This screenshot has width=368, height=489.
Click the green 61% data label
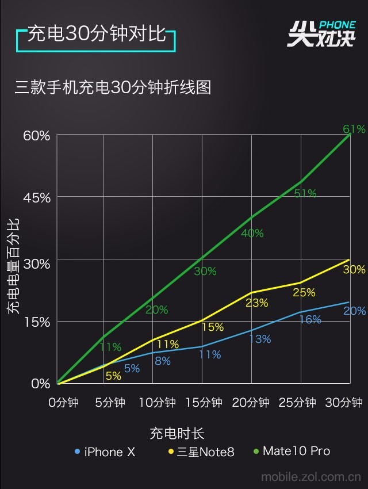click(x=354, y=129)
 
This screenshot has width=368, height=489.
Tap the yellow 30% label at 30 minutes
click(x=354, y=269)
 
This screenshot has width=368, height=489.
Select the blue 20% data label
click(x=354, y=311)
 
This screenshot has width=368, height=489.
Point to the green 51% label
click(x=305, y=193)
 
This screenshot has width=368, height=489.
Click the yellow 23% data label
click(x=256, y=303)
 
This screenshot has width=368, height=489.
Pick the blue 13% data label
click(x=259, y=339)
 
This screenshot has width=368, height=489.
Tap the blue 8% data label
click(x=162, y=361)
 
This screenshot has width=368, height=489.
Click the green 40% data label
click(x=252, y=233)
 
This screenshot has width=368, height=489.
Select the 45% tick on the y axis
click(x=36, y=197)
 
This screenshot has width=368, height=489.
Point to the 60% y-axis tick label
click(x=36, y=136)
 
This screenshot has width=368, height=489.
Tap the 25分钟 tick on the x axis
click(x=297, y=402)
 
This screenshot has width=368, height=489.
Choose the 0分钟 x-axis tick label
click(x=63, y=402)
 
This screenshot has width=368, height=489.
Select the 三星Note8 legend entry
click(x=201, y=452)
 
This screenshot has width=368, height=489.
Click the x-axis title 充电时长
click(x=177, y=433)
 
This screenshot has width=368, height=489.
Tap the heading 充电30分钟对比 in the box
click(x=97, y=34)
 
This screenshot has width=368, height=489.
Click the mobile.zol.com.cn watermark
click(x=310, y=476)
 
